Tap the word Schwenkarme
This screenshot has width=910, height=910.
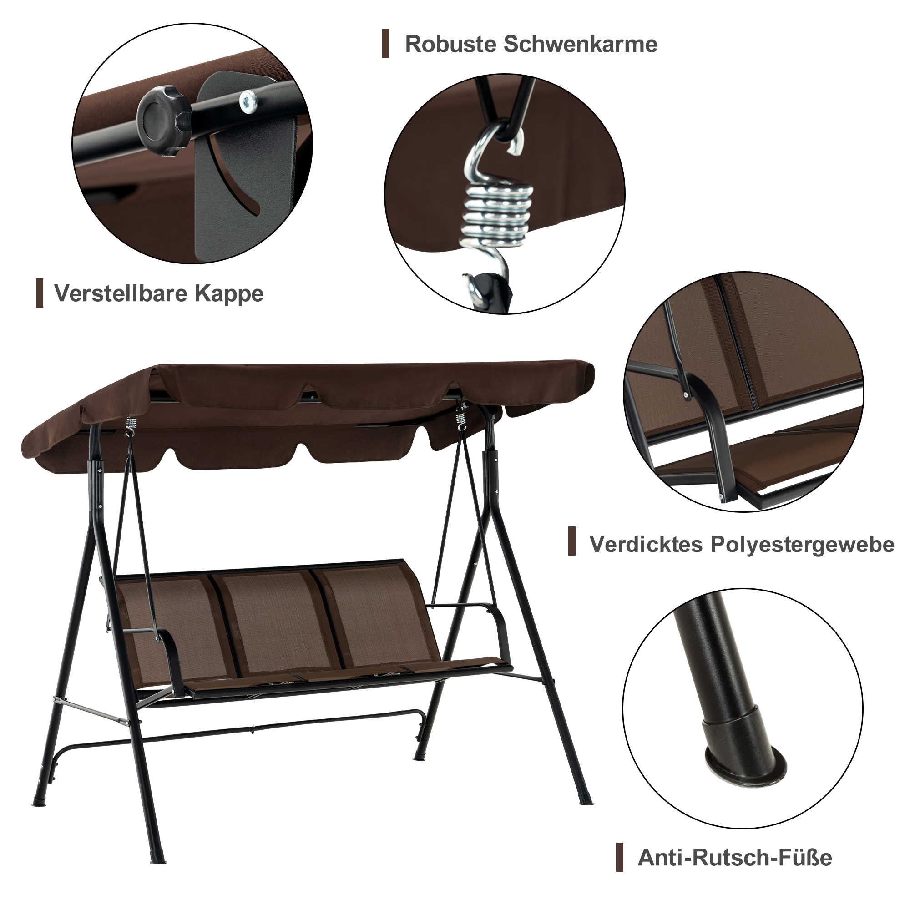pyautogui.click(x=580, y=44)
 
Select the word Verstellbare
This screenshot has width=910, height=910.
pyautogui.click(x=121, y=293)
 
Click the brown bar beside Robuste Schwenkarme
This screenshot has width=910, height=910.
pyautogui.click(x=385, y=44)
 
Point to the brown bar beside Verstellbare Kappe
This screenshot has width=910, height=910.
pyautogui.click(x=40, y=293)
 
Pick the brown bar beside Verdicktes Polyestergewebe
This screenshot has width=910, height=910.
pyautogui.click(x=572, y=541)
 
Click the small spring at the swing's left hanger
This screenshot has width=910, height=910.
pyautogui.click(x=132, y=425)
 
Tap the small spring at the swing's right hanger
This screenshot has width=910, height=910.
pyautogui.click(x=460, y=419)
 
